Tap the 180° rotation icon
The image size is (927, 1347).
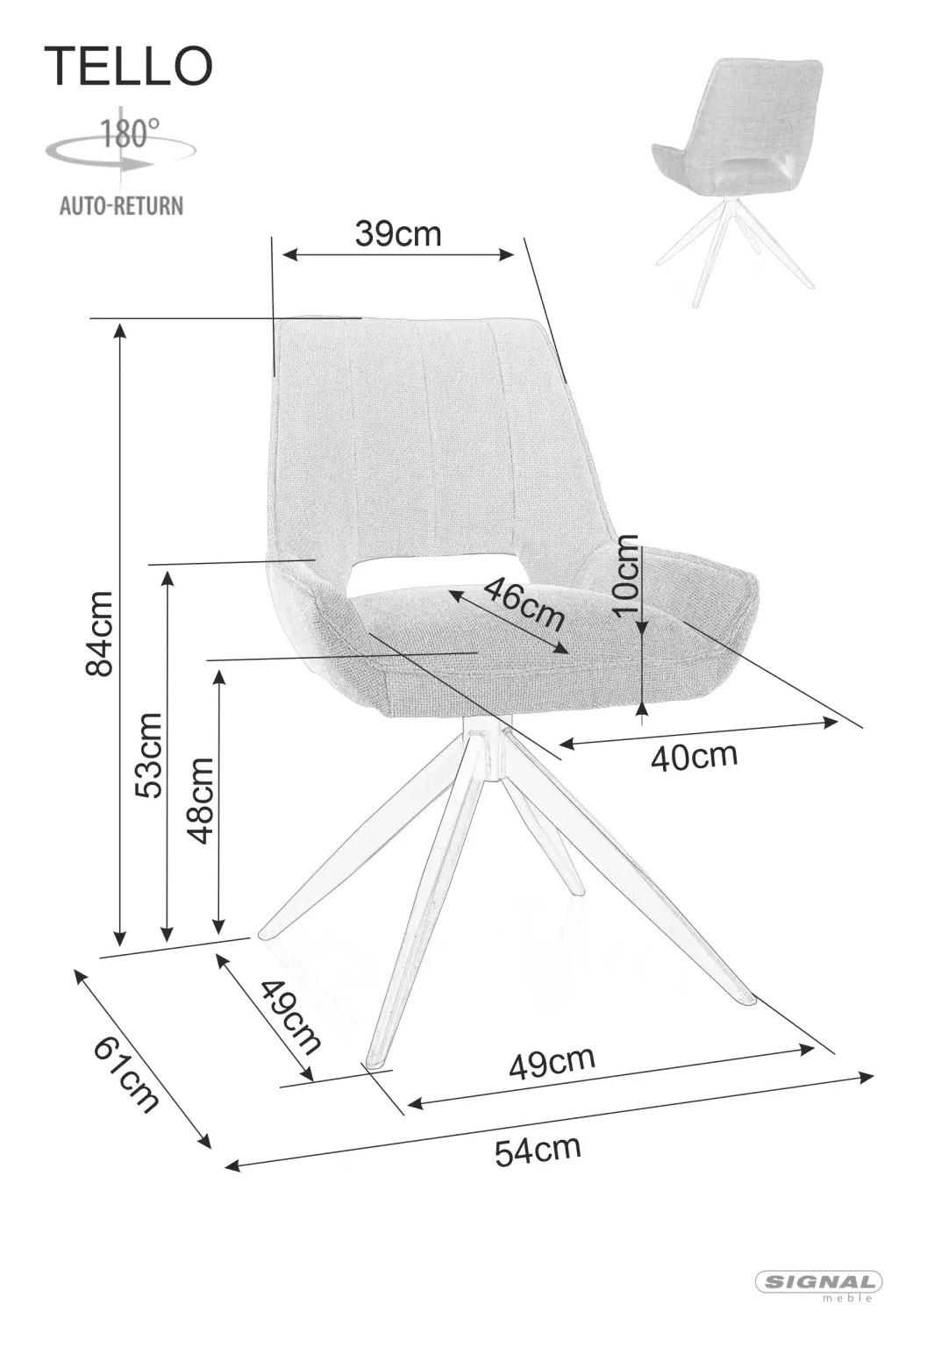[x=120, y=145]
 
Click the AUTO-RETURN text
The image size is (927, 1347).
[x=121, y=206]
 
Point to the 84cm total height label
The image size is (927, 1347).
[x=99, y=633]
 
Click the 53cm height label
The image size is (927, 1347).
[x=148, y=755]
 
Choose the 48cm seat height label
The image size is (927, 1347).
[x=200, y=801]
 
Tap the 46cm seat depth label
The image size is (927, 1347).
[x=523, y=602]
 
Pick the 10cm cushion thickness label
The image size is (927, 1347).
[x=625, y=575]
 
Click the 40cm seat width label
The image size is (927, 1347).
[x=694, y=756]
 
